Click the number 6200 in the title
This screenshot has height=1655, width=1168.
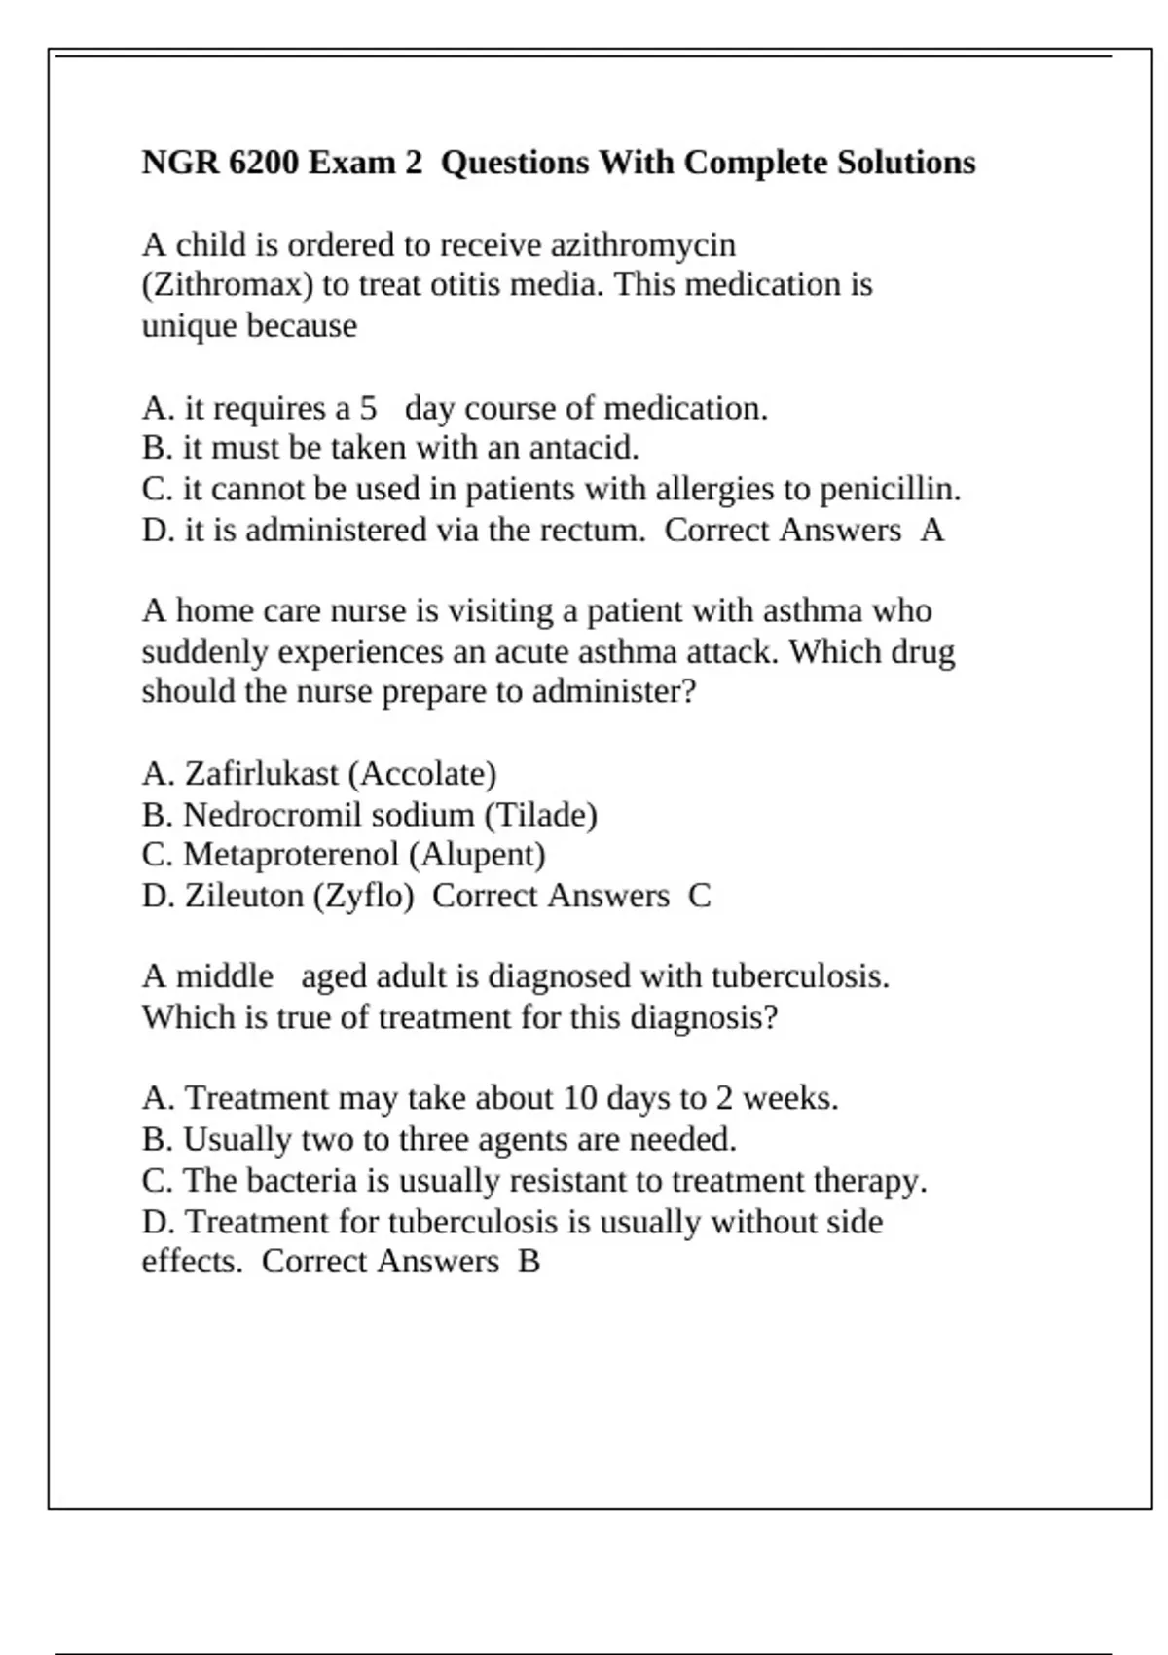click(264, 163)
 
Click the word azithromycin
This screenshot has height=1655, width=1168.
click(642, 245)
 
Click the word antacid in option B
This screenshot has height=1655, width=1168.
click(583, 448)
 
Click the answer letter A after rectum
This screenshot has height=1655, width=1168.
click(931, 531)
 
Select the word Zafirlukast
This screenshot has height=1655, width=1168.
click(262, 774)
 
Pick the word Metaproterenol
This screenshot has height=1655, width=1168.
click(291, 855)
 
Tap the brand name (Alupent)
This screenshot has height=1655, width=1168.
click(477, 855)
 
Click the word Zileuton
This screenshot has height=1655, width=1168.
click(244, 896)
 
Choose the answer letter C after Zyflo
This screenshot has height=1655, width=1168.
click(699, 896)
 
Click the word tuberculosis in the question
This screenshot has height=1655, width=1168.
click(799, 976)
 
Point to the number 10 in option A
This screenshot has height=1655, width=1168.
click(579, 1099)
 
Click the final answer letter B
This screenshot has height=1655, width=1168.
click(529, 1262)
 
